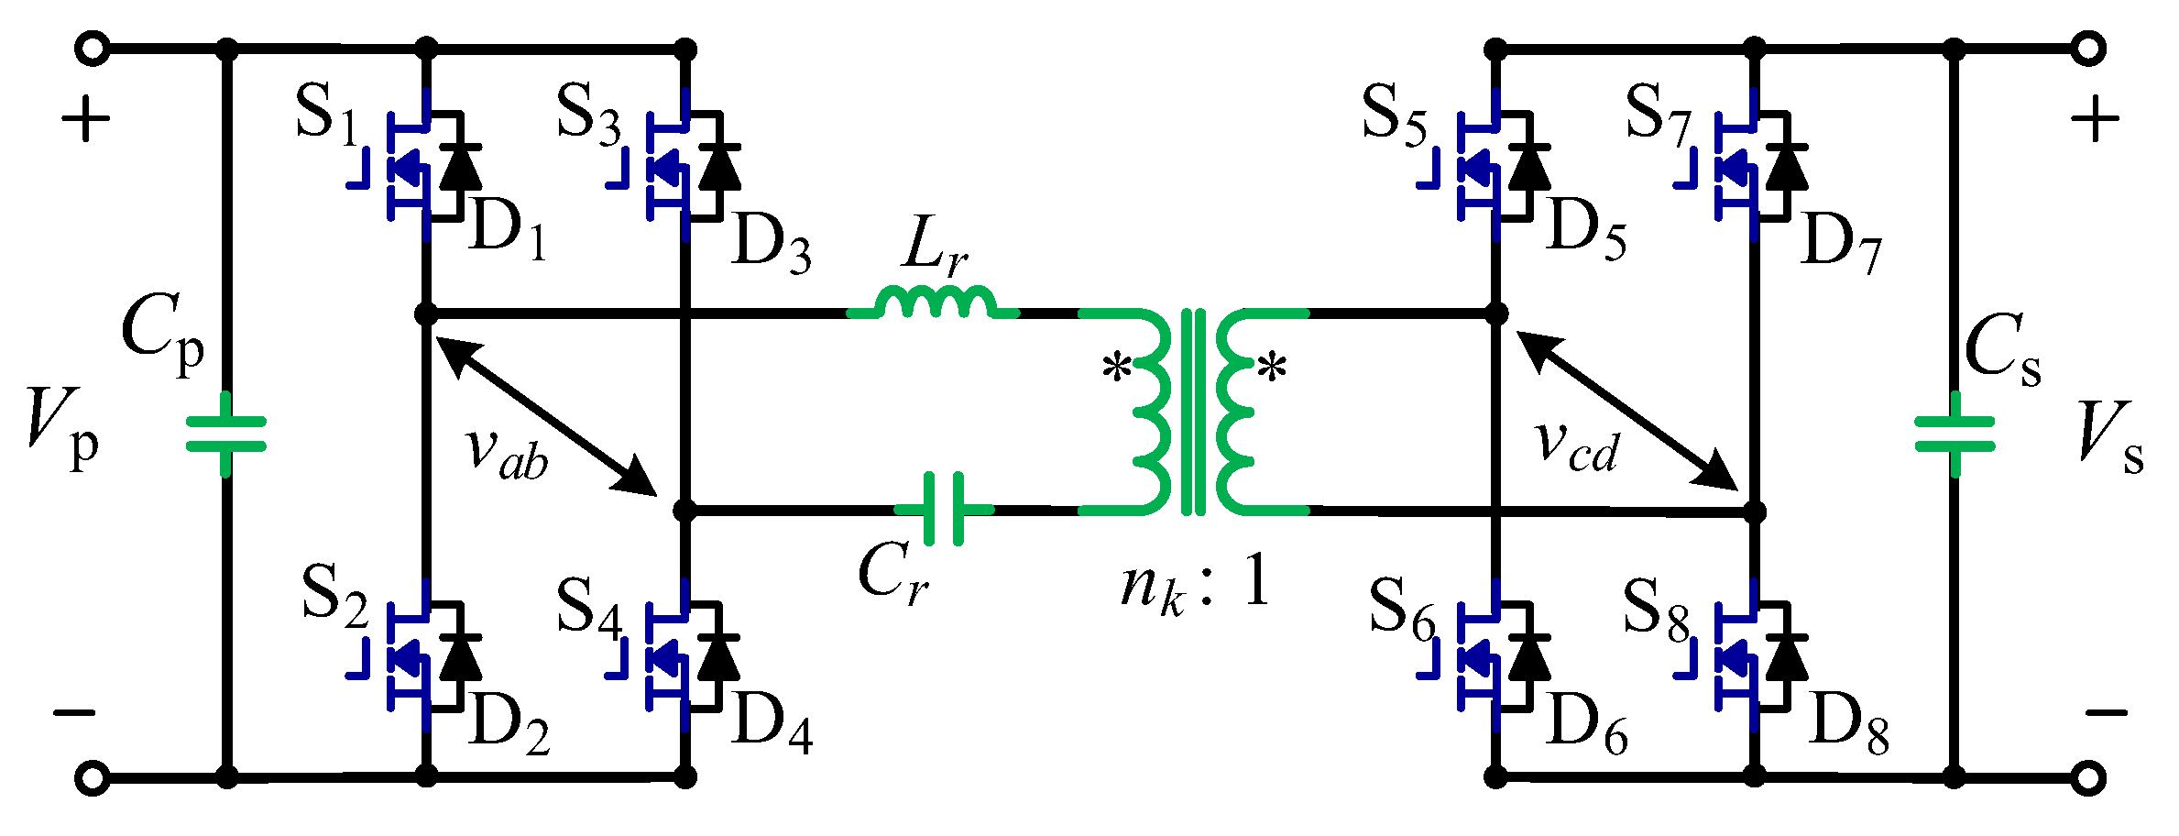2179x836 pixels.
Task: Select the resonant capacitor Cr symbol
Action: tap(944, 509)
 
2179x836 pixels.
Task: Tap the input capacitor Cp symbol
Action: tap(226, 434)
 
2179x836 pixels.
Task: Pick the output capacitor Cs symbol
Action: tap(1954, 434)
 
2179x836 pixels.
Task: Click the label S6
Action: tap(1402, 610)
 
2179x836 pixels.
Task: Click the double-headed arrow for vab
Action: tap(546, 415)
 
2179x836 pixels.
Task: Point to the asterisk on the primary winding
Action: tap(1117, 369)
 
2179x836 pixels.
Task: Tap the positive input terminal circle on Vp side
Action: tap(92, 49)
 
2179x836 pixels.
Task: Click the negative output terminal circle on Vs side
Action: tap(2087, 778)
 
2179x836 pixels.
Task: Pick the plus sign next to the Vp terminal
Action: tap(86, 120)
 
